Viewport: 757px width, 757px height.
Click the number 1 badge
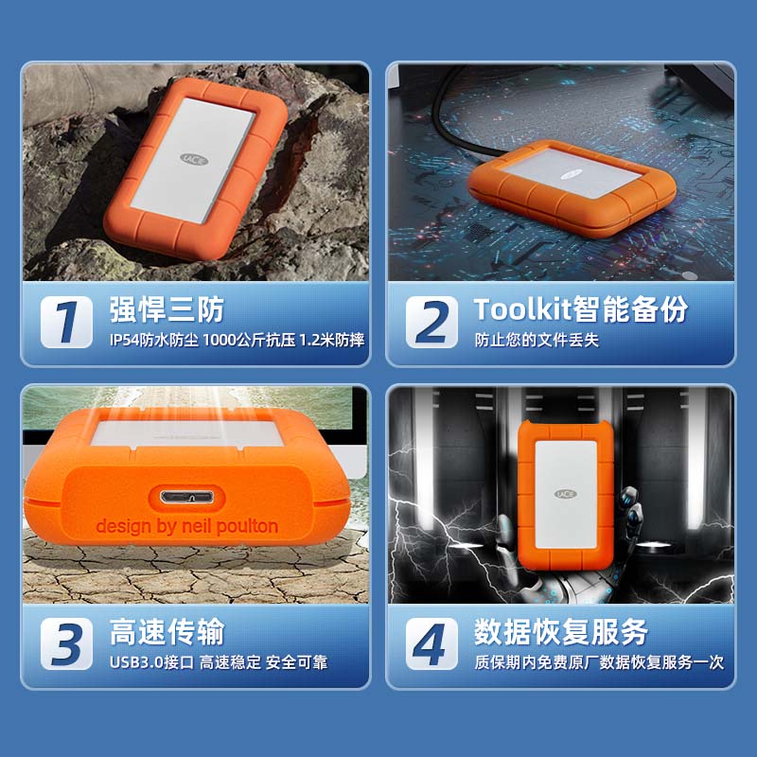click(66, 322)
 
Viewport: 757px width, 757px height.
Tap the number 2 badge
click(432, 322)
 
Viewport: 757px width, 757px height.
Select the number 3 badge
click(66, 643)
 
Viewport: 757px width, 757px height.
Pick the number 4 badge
click(432, 643)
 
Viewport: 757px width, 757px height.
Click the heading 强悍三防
click(167, 309)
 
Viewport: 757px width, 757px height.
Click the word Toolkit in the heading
click(523, 309)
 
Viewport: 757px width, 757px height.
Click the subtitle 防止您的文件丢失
click(537, 340)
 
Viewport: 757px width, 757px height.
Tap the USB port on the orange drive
click(186, 496)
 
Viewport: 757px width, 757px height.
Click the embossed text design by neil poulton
click(186, 525)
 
